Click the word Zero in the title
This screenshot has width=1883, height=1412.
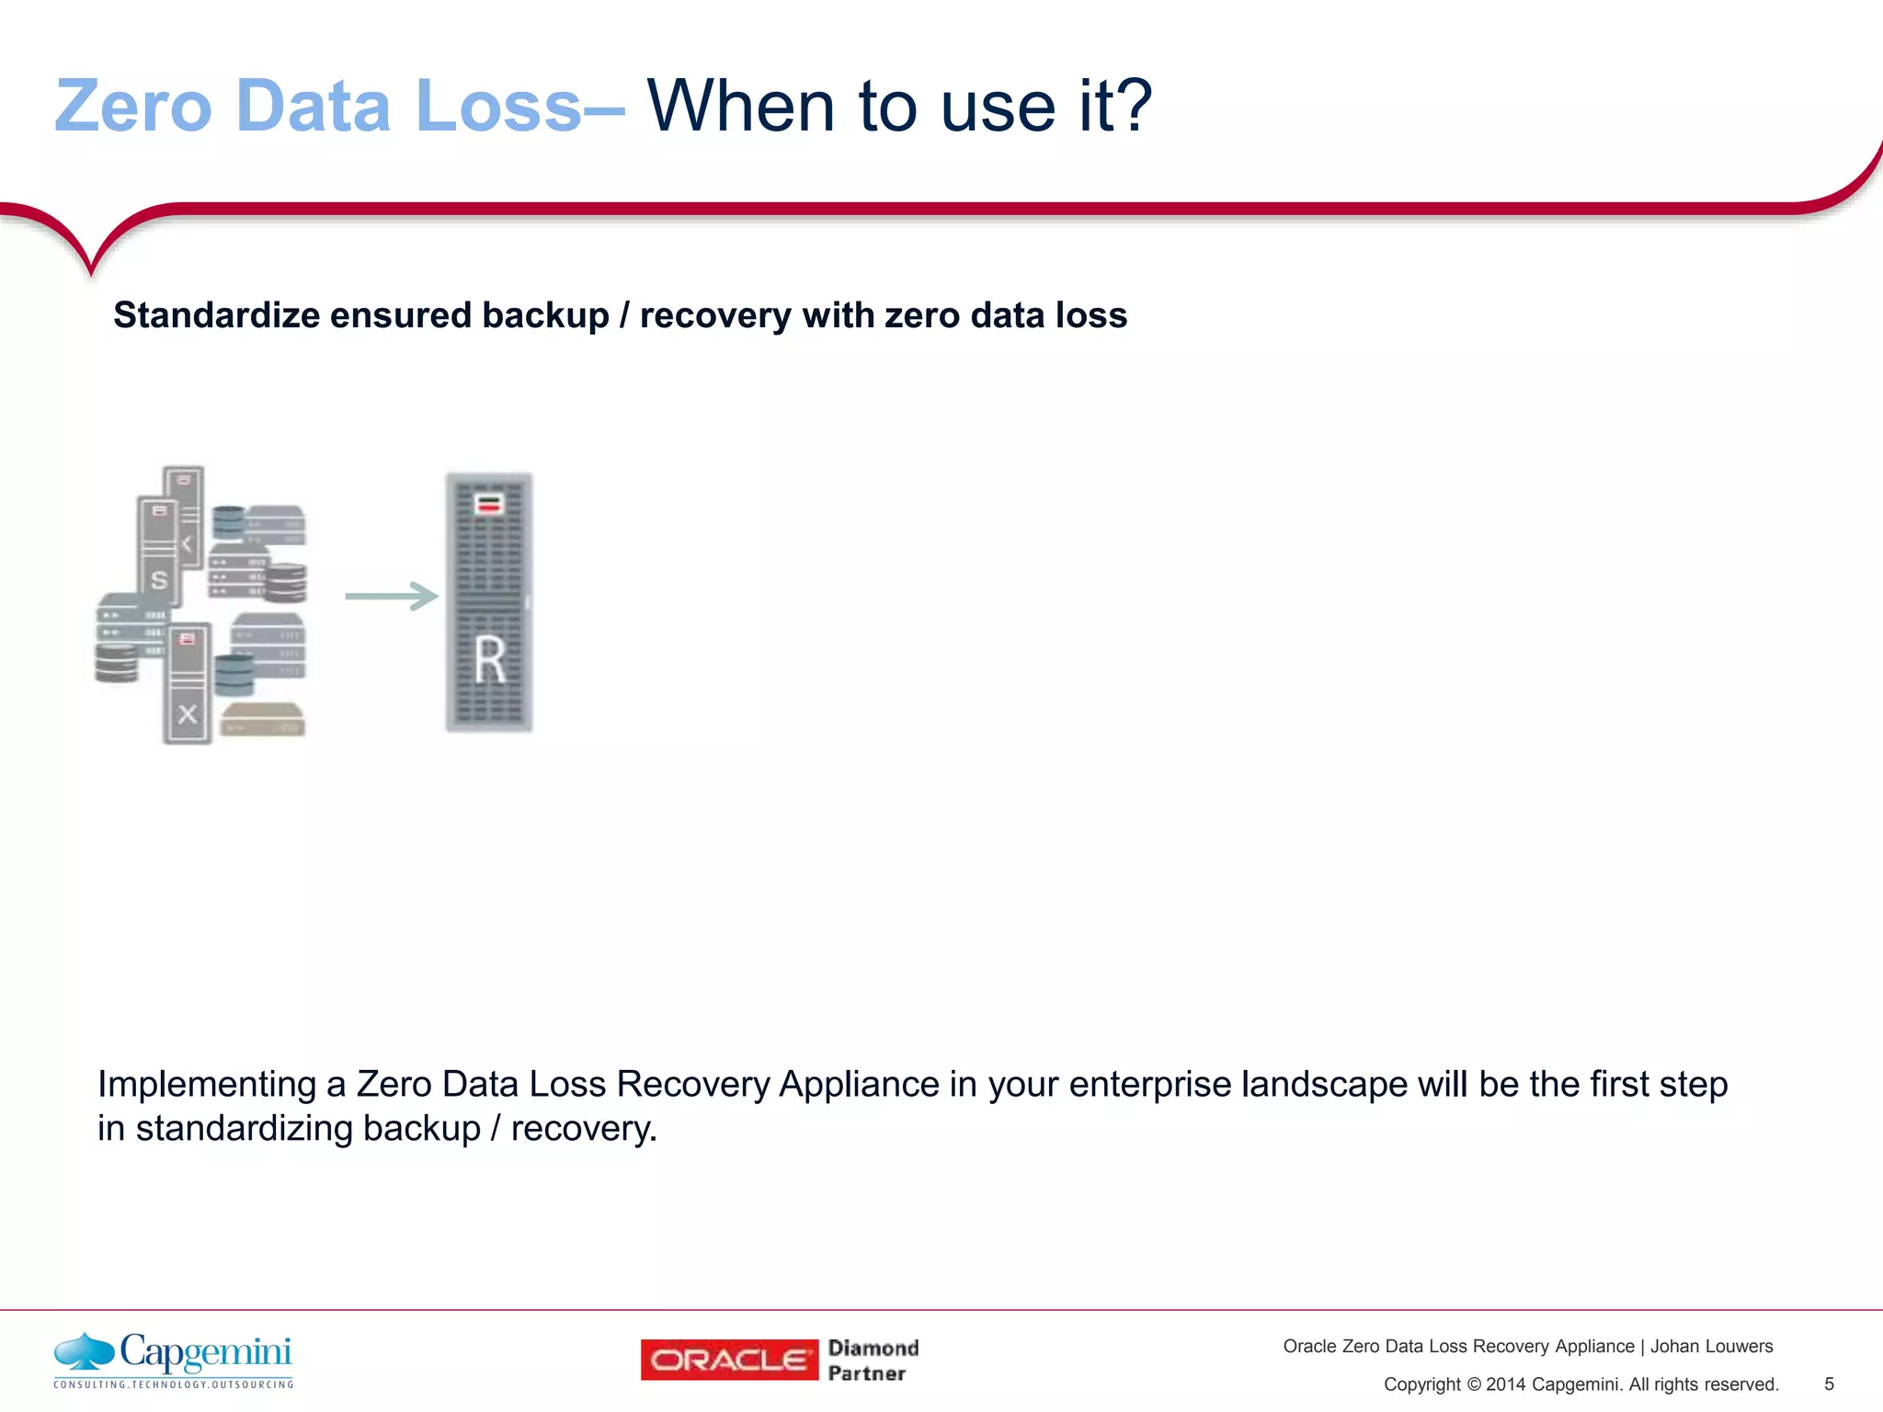[x=133, y=107]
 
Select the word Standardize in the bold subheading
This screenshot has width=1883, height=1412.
[x=216, y=315]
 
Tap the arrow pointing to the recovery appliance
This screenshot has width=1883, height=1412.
[x=392, y=597]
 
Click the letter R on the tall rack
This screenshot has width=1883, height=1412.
[x=490, y=660]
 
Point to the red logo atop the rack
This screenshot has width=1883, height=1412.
[x=489, y=504]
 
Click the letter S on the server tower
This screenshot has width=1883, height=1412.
[x=159, y=580]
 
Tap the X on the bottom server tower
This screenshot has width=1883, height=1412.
[x=188, y=714]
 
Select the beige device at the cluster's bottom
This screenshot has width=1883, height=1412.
[x=262, y=720]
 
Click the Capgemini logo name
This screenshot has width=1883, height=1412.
[x=205, y=1352]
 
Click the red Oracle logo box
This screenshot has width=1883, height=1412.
[x=729, y=1360]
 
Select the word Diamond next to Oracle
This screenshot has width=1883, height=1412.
[x=873, y=1348]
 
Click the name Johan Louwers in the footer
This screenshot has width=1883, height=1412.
[x=1711, y=1347]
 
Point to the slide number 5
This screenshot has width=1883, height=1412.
[x=1829, y=1384]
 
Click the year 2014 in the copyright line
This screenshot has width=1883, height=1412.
[x=1505, y=1384]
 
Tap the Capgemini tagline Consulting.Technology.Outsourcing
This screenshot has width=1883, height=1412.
[x=174, y=1384]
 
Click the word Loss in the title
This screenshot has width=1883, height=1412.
[x=498, y=107]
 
